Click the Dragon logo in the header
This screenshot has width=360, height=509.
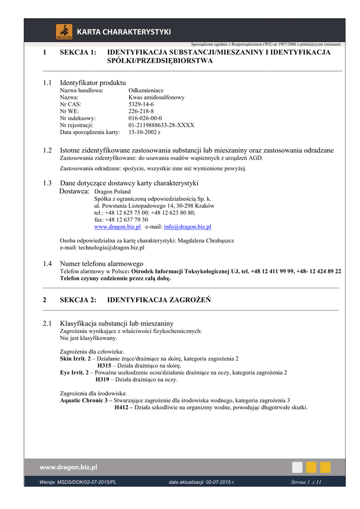point(64,31)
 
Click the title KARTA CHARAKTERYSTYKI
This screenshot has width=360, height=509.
point(124,32)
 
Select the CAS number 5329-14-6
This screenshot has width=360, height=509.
point(141,104)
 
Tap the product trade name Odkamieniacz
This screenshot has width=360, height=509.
point(146,90)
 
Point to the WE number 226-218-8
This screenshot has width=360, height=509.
point(141,111)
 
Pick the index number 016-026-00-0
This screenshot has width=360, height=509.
point(145,118)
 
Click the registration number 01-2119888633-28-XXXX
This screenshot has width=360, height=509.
point(161,125)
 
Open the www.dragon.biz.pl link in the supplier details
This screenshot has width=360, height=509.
point(117,227)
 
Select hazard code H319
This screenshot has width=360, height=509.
point(102,380)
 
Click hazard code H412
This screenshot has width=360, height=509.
point(121,408)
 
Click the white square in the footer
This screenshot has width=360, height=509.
point(297,467)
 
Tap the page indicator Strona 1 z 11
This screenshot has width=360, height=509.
point(306,482)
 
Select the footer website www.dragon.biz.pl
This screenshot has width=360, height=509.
point(68,467)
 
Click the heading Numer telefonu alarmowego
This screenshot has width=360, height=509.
point(101,263)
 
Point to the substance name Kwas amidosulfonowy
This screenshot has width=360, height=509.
point(156,97)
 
